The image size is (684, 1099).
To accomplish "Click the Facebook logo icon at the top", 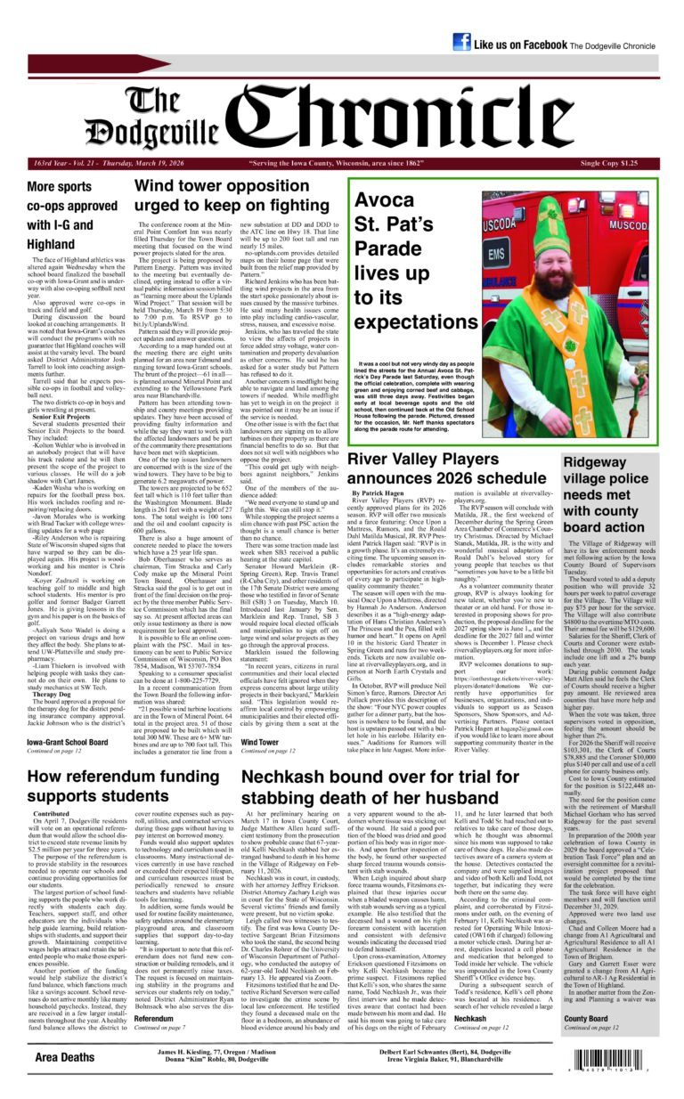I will coord(461,43).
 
